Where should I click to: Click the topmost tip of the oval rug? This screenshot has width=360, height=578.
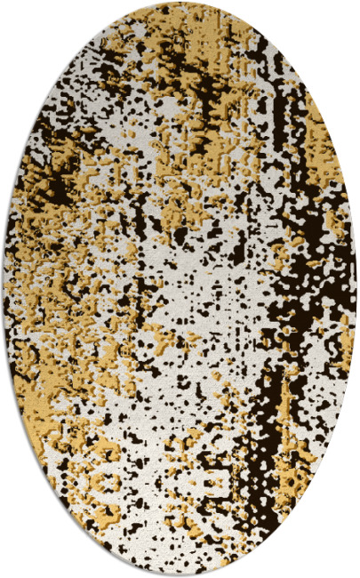tap(180, 4)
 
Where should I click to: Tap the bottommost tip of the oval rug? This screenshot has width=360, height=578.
tap(180, 574)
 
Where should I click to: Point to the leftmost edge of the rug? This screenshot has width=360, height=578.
tap(4, 289)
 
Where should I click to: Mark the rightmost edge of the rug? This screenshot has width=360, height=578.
tap(356, 289)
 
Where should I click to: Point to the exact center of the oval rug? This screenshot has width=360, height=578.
tap(180, 289)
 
